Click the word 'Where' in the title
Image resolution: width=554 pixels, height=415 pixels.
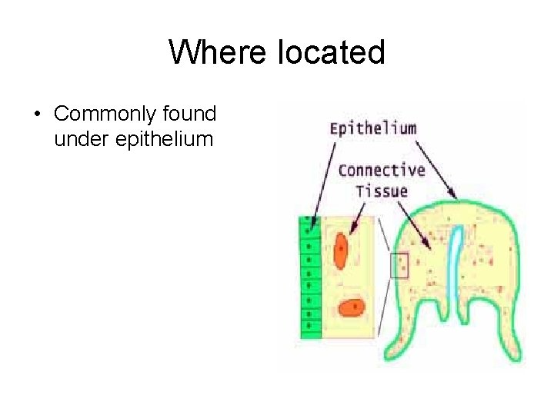pos(206,52)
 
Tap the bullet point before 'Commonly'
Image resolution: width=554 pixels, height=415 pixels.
pos(36,115)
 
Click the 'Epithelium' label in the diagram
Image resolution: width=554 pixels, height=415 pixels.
pos(372,128)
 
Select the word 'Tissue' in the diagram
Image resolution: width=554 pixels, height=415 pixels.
pos(381,190)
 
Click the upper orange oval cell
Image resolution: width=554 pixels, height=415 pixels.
pos(340,251)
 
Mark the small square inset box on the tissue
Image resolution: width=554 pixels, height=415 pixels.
pos(399,265)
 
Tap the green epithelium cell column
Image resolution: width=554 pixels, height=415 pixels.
pos(309,277)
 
